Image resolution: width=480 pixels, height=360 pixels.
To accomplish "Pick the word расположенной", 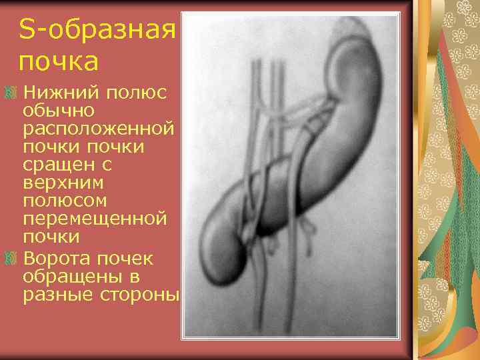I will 99,127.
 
